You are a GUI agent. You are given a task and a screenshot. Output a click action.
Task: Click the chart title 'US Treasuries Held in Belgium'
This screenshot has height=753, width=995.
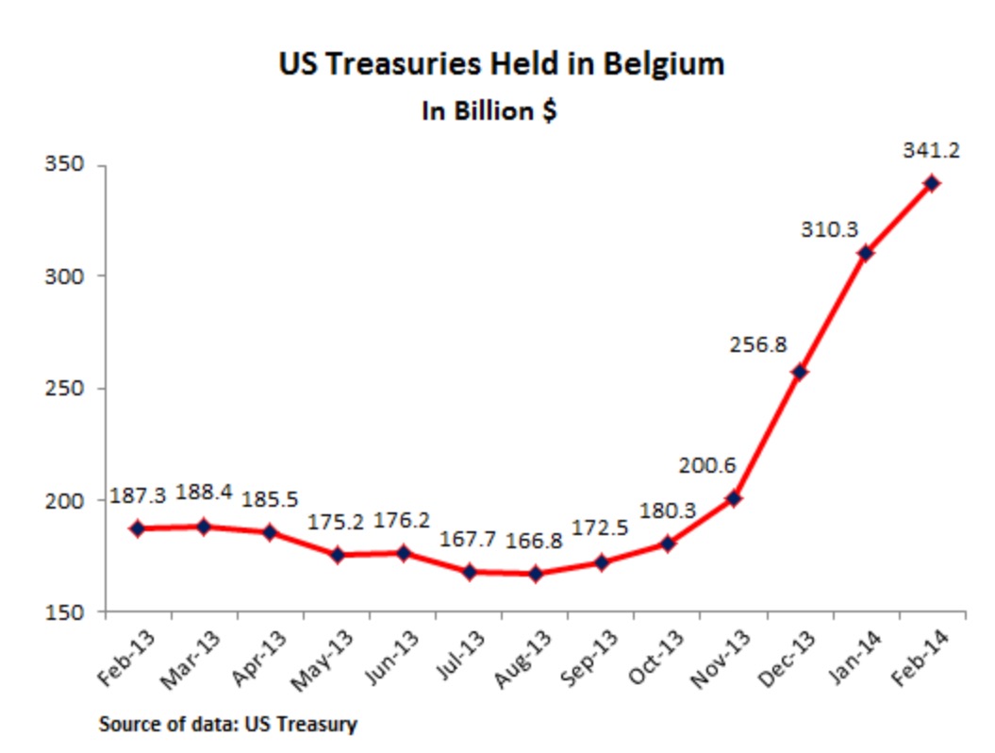point(501,64)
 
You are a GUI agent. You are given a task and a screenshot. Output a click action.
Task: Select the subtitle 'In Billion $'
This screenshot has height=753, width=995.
point(488,110)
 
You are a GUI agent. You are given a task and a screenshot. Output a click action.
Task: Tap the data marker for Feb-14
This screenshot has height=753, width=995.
point(931,183)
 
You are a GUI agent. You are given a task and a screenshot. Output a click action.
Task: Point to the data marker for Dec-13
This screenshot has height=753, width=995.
point(799,372)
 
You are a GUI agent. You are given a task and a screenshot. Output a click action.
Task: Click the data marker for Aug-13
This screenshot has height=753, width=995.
point(535,573)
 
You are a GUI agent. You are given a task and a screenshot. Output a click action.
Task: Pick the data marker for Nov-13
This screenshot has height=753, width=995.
point(733,497)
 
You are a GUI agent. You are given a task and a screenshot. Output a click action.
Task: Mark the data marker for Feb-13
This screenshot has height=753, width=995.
point(138,528)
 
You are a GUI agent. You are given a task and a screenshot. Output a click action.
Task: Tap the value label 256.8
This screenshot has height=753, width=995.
point(758,344)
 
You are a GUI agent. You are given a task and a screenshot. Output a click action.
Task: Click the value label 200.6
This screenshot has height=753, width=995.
point(706,464)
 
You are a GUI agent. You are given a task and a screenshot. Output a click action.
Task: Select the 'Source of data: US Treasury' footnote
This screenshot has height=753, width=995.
point(227,725)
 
